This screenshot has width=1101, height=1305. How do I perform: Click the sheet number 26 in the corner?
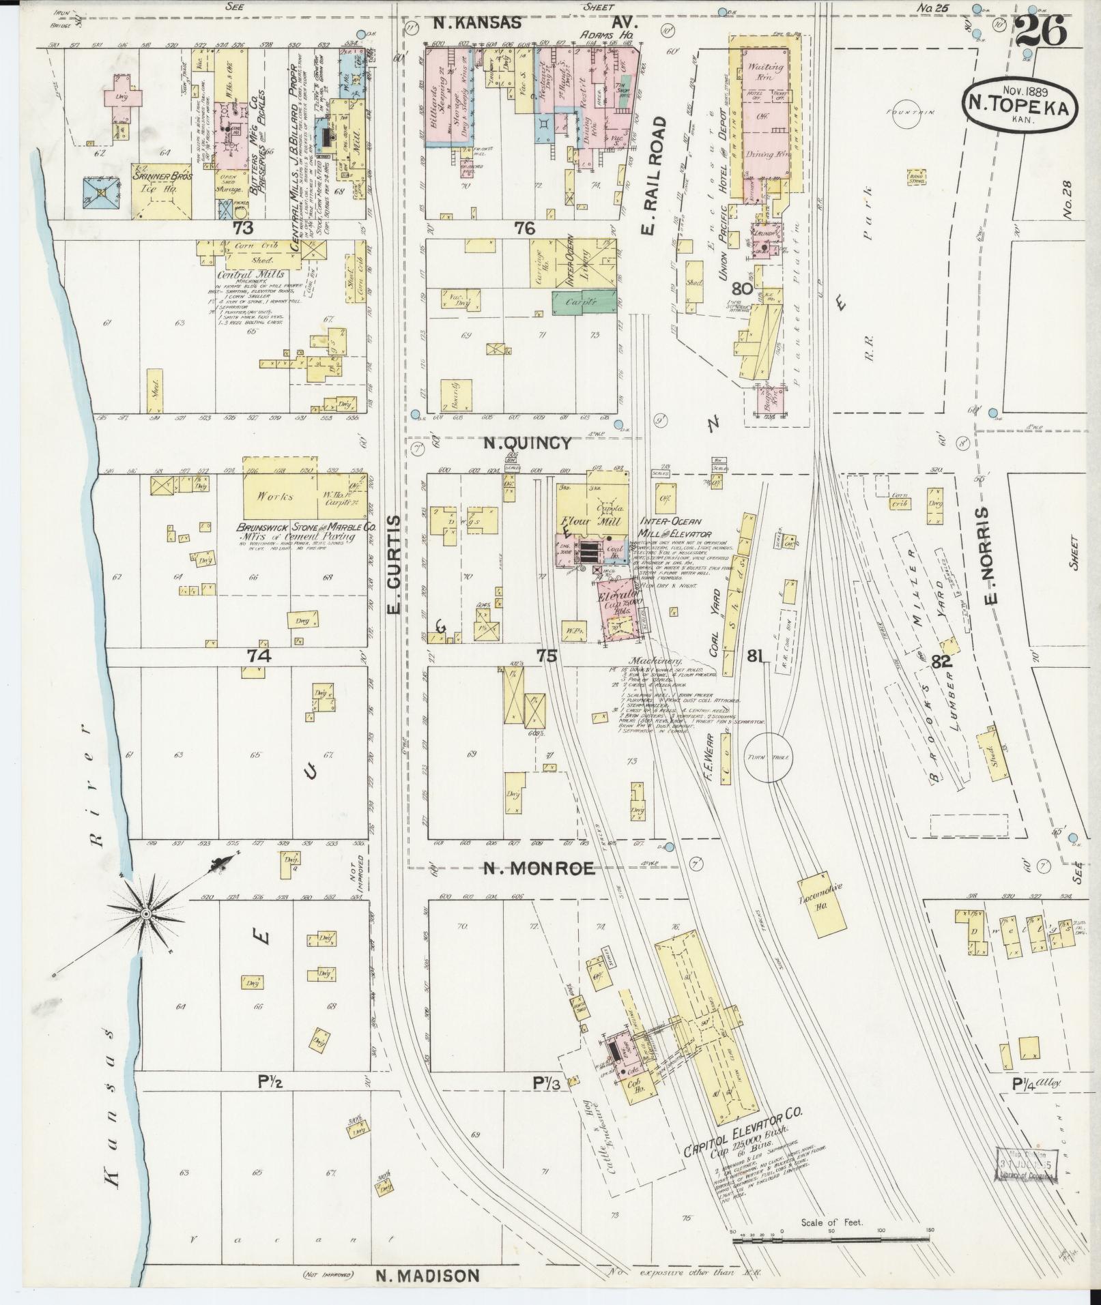(1040, 31)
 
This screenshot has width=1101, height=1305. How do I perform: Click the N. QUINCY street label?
(527, 443)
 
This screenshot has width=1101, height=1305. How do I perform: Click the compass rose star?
(146, 913)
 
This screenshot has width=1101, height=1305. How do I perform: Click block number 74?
(259, 656)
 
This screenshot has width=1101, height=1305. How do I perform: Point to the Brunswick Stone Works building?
(280, 497)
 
